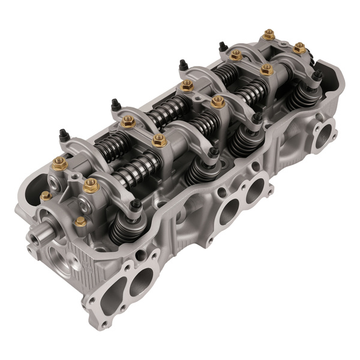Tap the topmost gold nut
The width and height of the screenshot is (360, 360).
pos(269,34)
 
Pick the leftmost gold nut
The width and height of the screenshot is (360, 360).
pos(44,197)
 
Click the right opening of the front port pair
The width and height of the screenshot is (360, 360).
pos(143,277)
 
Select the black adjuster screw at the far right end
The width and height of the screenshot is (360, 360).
pos(317,76)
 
